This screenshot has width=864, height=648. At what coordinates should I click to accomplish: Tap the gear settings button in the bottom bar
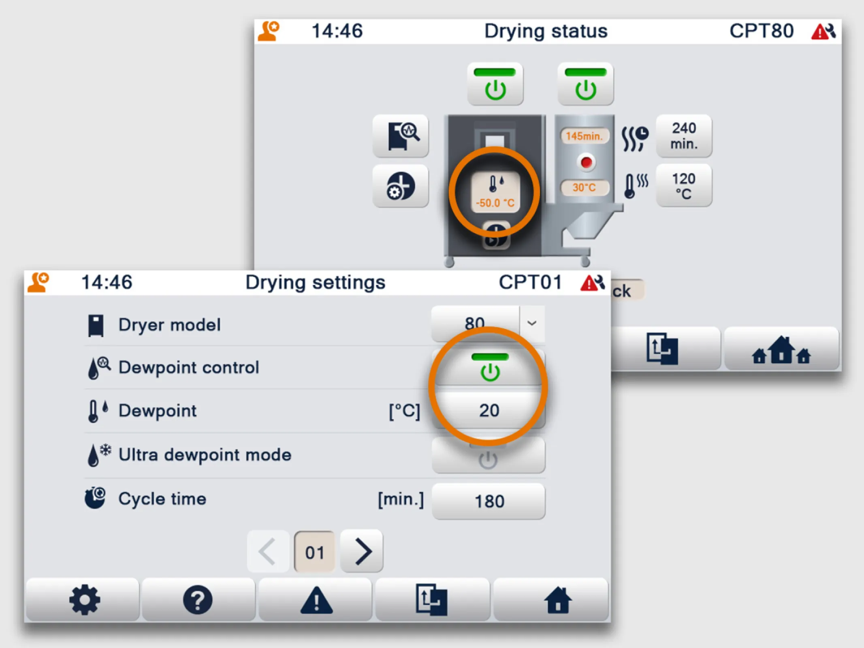click(84, 600)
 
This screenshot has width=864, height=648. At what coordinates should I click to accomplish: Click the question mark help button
click(198, 600)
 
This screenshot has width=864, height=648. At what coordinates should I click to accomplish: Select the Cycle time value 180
click(489, 501)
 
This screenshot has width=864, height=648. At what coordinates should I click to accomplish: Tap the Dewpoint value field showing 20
click(489, 411)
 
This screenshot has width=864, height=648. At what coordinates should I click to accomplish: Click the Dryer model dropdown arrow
click(532, 323)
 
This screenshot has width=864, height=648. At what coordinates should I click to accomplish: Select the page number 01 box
click(315, 552)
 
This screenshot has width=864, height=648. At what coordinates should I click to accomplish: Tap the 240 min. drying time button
click(684, 136)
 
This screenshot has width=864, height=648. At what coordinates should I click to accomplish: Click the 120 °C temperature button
click(684, 186)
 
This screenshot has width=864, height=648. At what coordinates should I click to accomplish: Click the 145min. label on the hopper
click(584, 136)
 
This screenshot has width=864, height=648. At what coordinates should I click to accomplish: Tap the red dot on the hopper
click(586, 162)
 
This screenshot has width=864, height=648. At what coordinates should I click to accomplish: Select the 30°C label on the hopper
click(584, 188)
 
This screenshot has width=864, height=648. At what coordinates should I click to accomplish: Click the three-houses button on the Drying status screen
click(781, 350)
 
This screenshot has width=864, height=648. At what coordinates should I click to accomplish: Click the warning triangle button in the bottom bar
click(316, 600)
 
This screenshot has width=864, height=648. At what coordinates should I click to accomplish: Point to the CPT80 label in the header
click(761, 31)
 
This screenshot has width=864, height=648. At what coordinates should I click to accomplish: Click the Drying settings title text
click(315, 282)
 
